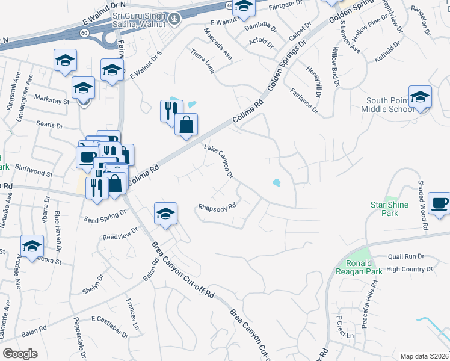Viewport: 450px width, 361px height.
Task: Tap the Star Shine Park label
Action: (389, 209)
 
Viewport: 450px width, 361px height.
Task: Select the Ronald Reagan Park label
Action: (364, 268)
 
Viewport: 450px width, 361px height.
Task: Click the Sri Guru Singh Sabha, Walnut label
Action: (138, 20)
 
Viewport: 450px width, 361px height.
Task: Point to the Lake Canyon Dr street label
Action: (218, 161)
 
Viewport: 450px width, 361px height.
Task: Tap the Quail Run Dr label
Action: (406, 256)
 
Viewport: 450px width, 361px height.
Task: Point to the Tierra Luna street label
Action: (203, 59)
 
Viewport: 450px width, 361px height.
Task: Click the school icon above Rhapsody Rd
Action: (165, 213)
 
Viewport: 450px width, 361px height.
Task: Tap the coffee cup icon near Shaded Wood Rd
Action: (439, 202)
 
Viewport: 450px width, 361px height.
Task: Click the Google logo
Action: (20, 354)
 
